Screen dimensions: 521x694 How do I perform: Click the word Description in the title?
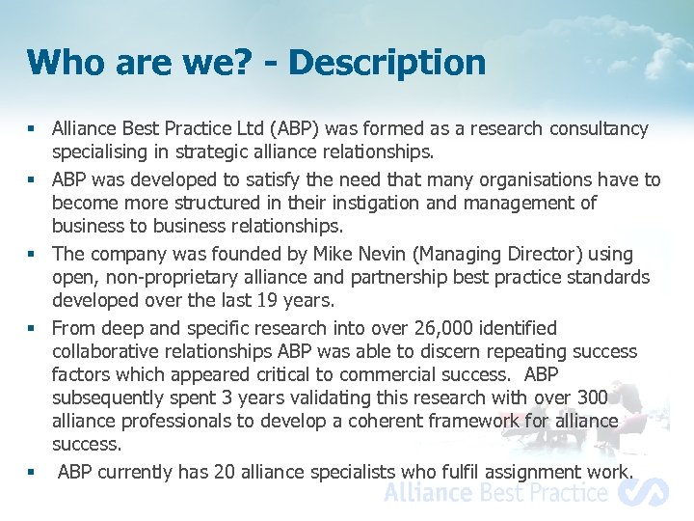click(x=387, y=63)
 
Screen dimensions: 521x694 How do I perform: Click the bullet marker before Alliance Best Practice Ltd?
click(x=32, y=128)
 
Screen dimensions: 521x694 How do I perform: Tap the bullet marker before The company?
click(x=32, y=254)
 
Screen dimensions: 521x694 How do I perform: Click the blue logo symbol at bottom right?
click(x=643, y=492)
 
